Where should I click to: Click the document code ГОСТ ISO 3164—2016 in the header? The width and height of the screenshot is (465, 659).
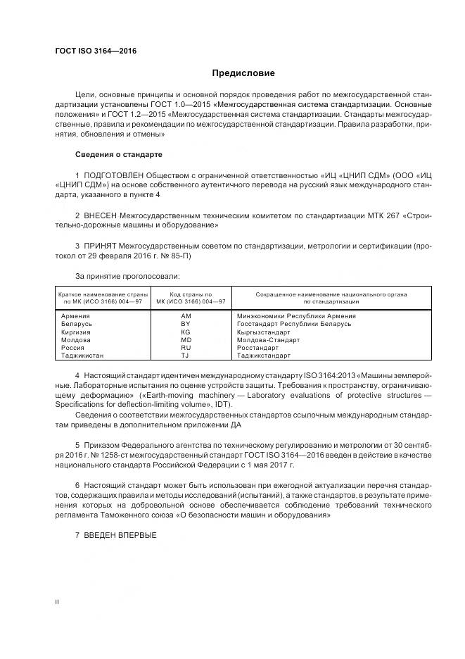pos(96,51)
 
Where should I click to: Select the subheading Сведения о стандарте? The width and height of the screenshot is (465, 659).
pos(118,153)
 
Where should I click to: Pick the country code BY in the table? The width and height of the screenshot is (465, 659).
pos(186,324)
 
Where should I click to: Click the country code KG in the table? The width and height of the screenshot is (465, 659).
pos(186,332)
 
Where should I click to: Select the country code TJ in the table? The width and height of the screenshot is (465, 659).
pos(186,356)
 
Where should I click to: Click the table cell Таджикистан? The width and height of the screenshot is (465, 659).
pos(82,356)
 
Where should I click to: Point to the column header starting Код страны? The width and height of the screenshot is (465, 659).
pos(186,297)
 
